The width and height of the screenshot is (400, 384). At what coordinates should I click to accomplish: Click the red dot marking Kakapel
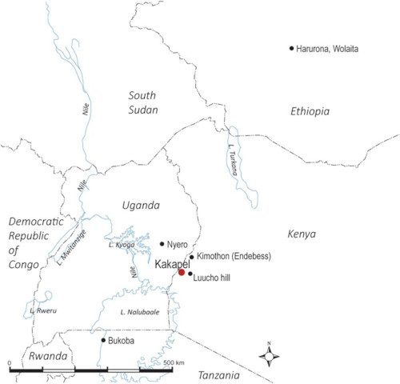click(x=182, y=273)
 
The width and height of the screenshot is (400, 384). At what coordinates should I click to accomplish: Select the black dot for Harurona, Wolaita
click(x=292, y=49)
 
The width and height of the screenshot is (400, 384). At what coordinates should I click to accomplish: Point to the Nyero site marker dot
click(x=162, y=243)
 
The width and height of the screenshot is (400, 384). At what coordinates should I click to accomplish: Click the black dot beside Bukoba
click(x=102, y=340)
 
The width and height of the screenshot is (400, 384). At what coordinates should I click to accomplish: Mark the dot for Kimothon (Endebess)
click(x=192, y=258)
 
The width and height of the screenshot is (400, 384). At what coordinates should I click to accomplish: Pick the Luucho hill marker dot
click(x=190, y=275)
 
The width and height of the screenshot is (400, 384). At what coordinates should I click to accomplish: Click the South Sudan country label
click(x=143, y=102)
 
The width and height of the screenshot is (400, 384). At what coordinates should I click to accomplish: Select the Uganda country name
click(x=142, y=206)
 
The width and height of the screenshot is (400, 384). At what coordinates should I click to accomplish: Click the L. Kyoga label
click(x=119, y=246)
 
